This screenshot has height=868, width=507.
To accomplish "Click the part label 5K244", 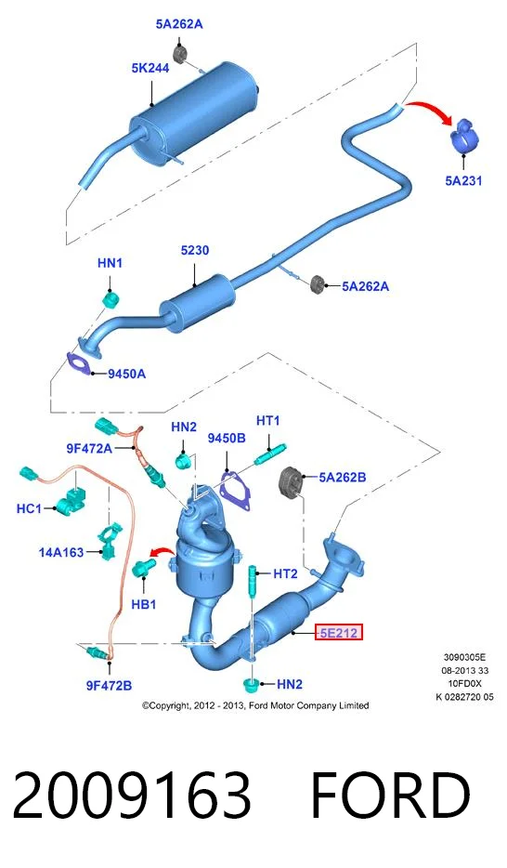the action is (x=150, y=68).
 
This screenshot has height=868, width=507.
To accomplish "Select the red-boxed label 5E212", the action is (x=338, y=632).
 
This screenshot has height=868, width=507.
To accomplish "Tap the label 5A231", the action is (x=463, y=180).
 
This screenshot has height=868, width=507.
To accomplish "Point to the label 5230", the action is (x=195, y=250).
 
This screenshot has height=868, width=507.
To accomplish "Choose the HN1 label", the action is (x=110, y=263).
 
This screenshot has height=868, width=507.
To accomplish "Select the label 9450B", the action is (x=227, y=438).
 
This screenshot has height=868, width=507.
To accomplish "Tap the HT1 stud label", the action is (x=267, y=421).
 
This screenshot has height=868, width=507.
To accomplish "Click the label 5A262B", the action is (x=343, y=477).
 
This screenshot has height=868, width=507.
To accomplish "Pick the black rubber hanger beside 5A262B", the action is (x=291, y=482).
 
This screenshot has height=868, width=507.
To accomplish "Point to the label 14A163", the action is (x=61, y=552).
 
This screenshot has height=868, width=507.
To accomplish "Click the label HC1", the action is (x=29, y=507).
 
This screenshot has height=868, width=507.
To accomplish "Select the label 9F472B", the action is (x=109, y=685).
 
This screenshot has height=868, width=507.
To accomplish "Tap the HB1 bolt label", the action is (x=143, y=604).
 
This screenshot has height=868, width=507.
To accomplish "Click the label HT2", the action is (x=285, y=574).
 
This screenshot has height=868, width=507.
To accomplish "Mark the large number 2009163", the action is (x=132, y=796).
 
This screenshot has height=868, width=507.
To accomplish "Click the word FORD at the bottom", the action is (x=391, y=796).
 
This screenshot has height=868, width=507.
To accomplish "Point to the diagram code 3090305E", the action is (x=464, y=658).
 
